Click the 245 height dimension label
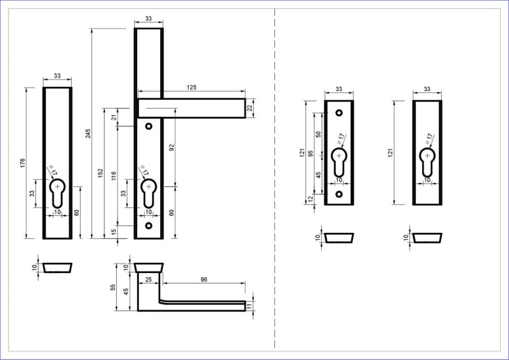click(88, 133)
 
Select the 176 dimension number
click(22, 163)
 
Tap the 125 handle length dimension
click(191, 88)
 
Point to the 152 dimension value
click(100, 173)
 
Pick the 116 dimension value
click(113, 176)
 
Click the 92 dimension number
click(172, 147)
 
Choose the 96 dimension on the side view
click(204, 279)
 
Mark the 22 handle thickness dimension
click(250, 108)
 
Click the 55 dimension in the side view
click(113, 287)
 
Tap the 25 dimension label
click(149, 279)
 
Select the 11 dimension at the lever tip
click(250, 306)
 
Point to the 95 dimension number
click(311, 153)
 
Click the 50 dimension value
click(318, 134)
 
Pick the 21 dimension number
click(113, 117)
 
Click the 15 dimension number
click(113, 232)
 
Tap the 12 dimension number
click(311, 198)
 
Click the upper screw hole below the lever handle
click(149, 126)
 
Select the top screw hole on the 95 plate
click(339, 113)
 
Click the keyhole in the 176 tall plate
click(58, 193)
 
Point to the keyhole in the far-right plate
click(427, 162)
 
